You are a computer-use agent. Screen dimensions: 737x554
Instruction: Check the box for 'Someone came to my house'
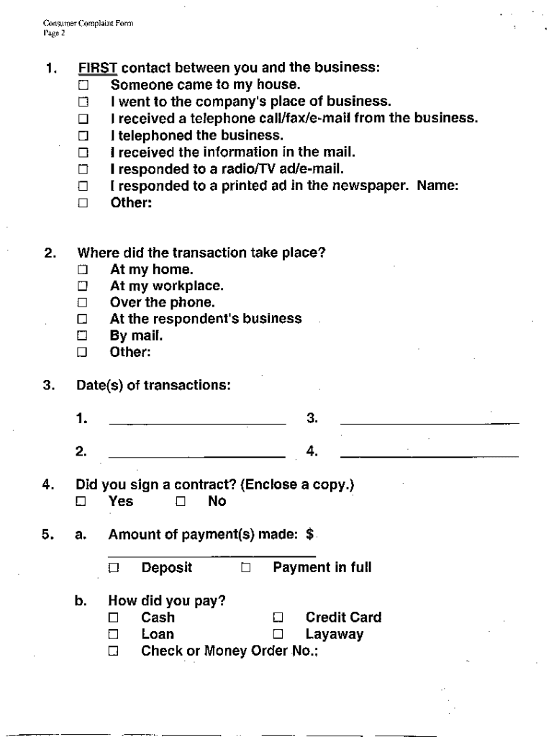tap(83, 85)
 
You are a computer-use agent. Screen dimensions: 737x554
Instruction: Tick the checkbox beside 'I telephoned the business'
tap(83, 135)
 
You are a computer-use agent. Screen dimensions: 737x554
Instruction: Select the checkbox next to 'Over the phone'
tap(83, 303)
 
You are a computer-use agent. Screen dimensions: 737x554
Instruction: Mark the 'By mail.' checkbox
tap(83, 335)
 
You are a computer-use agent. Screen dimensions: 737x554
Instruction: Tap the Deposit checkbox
tap(113, 568)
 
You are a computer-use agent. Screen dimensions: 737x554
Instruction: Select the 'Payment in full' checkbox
tap(246, 568)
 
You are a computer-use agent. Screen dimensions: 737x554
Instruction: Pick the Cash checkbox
tap(113, 618)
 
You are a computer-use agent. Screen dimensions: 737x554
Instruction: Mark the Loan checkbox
tap(113, 635)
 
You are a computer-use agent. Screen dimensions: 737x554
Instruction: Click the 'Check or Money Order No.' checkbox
tap(113, 652)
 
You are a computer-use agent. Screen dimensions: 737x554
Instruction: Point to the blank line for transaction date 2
tap(196, 456)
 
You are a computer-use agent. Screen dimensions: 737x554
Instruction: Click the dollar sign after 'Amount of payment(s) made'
tap(309, 534)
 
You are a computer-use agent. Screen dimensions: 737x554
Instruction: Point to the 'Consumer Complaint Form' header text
tap(88, 24)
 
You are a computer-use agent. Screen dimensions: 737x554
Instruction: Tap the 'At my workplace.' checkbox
tap(83, 286)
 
